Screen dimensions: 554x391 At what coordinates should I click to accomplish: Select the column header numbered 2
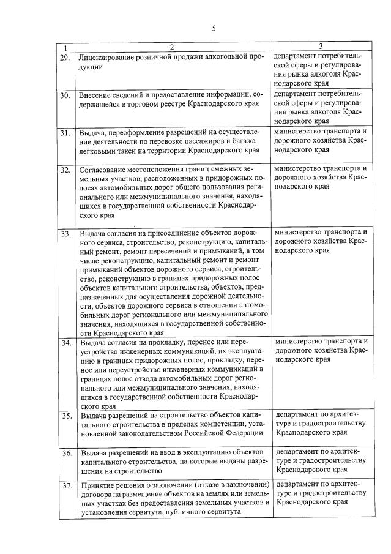pos(172,47)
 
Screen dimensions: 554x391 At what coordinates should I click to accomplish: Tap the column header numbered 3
pos(321,47)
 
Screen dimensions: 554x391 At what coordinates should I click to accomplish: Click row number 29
pos(65,57)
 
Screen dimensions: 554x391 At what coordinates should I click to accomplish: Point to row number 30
pos(65,95)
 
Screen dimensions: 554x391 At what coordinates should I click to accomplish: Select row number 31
pos(65,133)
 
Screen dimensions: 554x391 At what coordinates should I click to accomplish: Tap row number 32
pos(65,170)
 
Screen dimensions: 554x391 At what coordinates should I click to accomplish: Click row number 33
pos(65,234)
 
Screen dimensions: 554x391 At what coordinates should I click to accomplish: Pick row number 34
pos(65,343)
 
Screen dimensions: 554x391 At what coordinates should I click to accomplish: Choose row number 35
pos(65,417)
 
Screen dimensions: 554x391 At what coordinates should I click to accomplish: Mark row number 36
pos(65,454)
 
